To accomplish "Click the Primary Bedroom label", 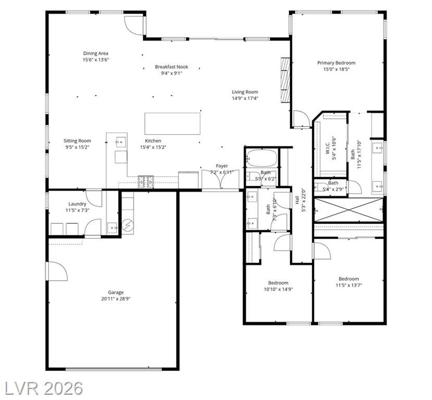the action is [x=336, y=63].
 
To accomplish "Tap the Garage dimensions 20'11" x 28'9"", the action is [x=116, y=298].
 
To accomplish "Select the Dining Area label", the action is [x=96, y=53].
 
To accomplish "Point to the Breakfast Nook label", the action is [x=171, y=67].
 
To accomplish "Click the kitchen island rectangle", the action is [x=172, y=123].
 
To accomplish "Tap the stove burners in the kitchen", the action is [x=146, y=182].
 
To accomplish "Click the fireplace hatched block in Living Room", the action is [x=285, y=80].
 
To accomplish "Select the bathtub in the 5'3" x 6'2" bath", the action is [x=261, y=158].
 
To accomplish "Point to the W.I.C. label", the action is [x=327, y=149].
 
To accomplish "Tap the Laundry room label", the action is [x=77, y=204].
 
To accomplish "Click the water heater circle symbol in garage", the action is [x=128, y=226].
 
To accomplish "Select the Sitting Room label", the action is [x=77, y=141].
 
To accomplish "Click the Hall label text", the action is [x=297, y=200].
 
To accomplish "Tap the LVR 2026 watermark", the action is [x=43, y=389].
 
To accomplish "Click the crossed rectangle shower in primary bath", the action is [x=349, y=209].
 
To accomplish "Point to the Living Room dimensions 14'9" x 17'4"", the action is [x=245, y=98].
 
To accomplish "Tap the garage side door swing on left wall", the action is [x=57, y=271].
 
